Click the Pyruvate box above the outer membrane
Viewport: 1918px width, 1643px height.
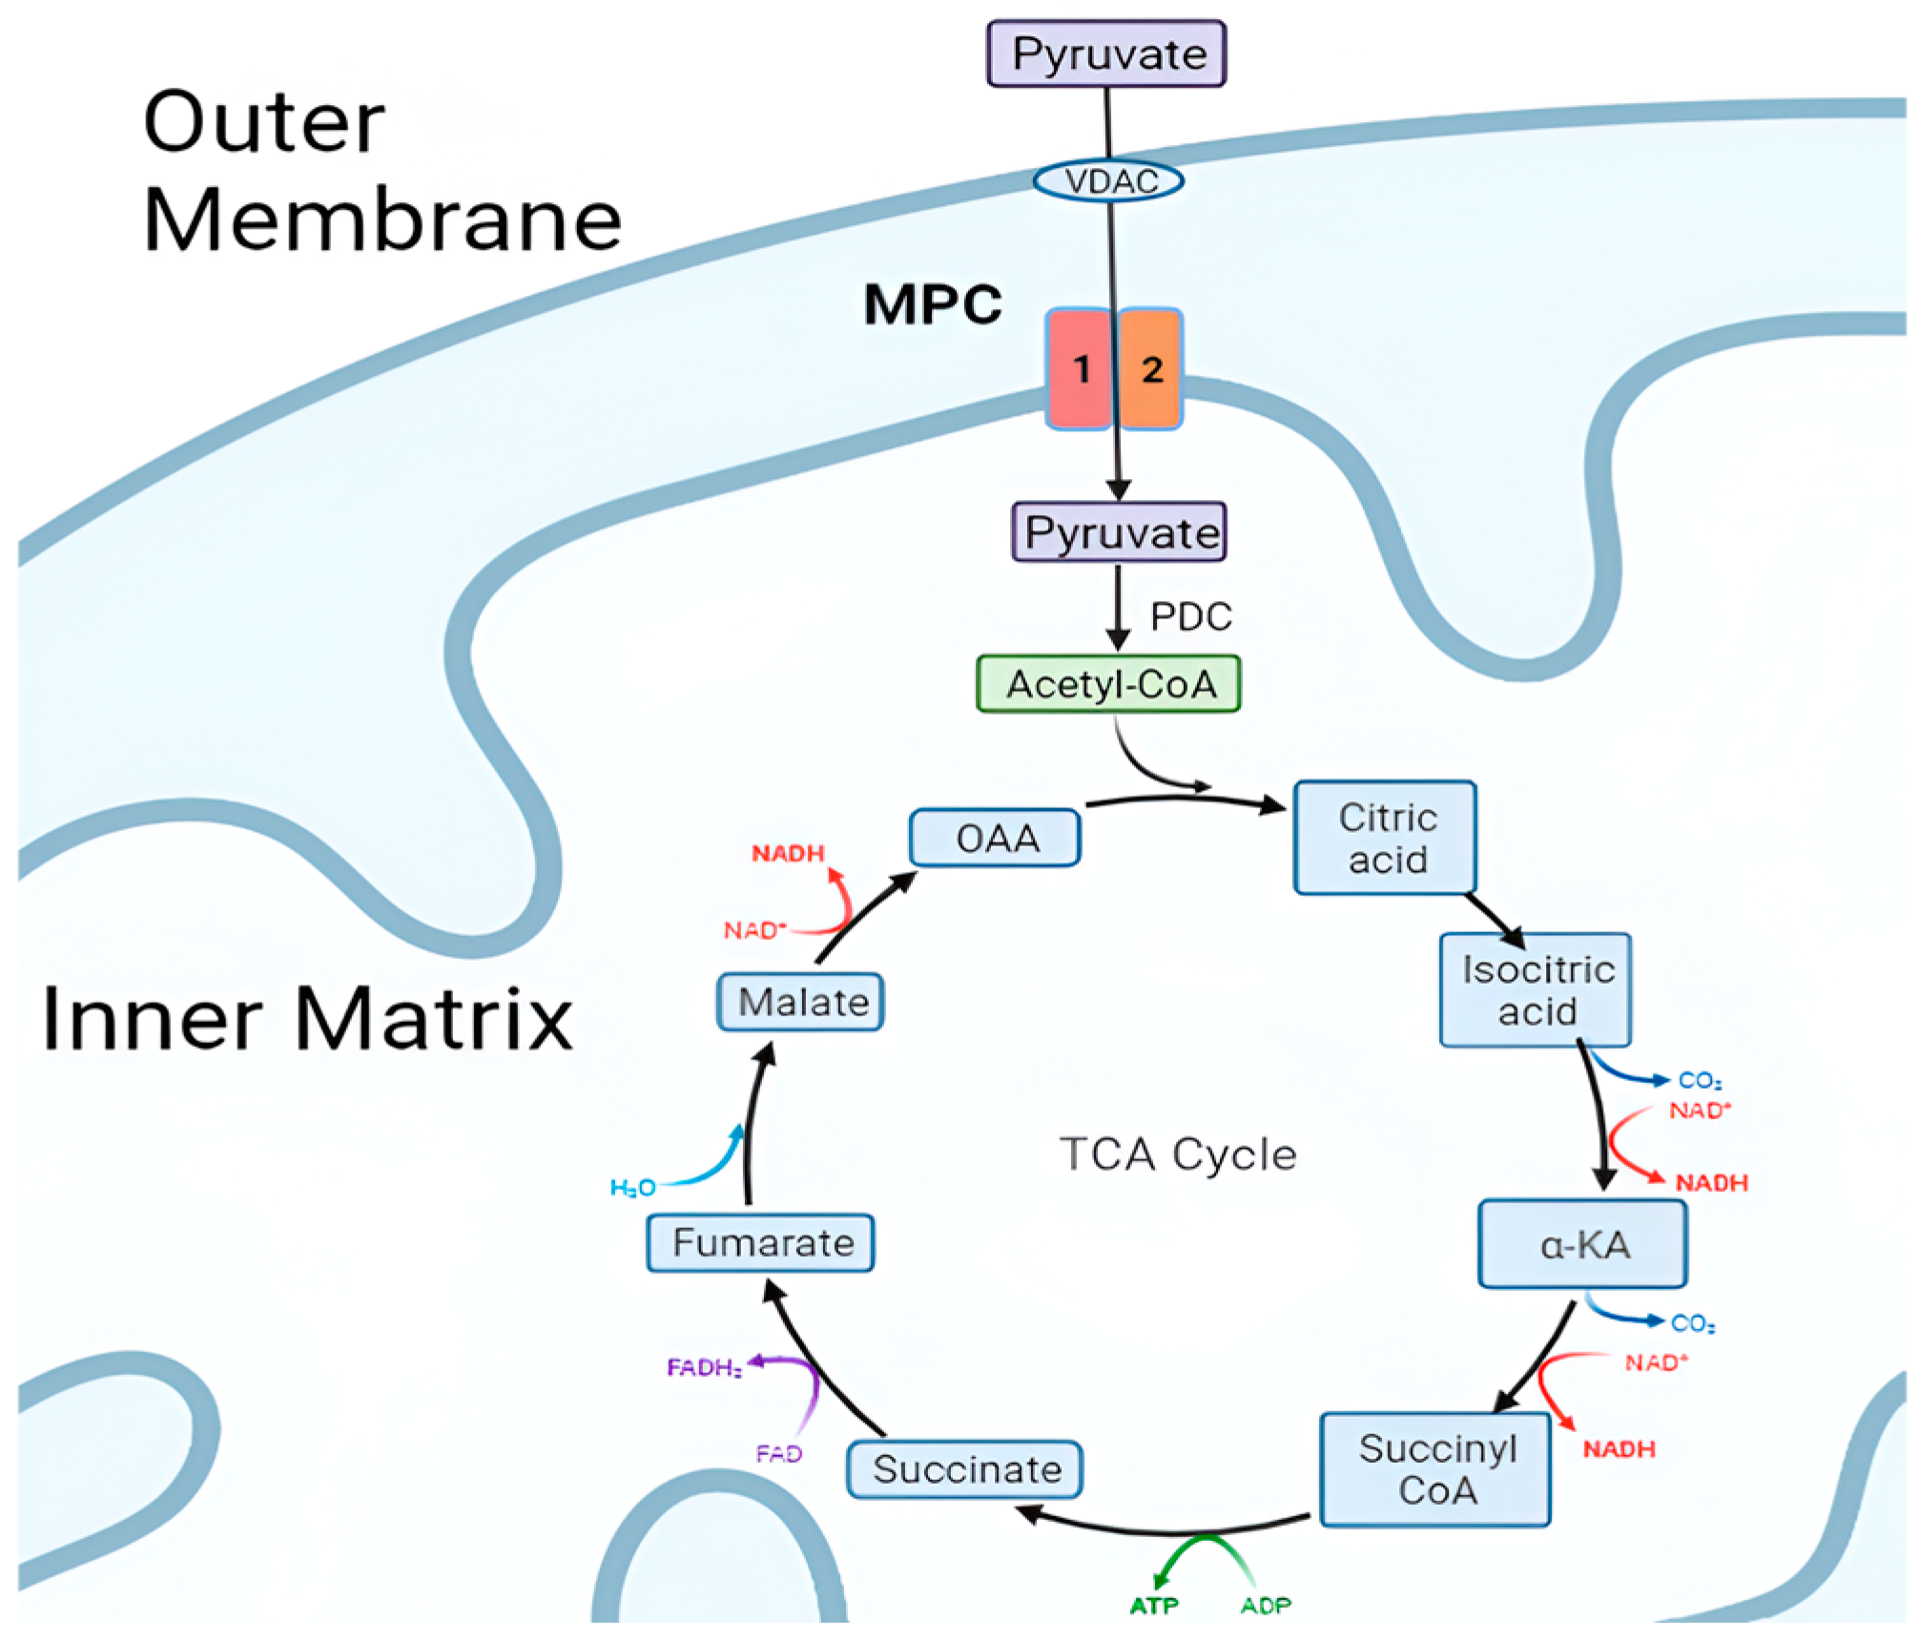click(1106, 53)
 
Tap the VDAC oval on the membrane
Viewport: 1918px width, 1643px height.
click(1109, 180)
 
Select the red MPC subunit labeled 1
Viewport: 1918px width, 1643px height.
click(1080, 368)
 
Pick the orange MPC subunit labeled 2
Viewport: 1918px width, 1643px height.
click(1151, 368)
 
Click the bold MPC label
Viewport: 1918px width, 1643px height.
click(932, 305)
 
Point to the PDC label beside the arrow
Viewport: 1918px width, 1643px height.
click(1190, 616)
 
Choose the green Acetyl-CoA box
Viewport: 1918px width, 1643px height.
click(1109, 684)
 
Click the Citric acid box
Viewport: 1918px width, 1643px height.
click(1385, 838)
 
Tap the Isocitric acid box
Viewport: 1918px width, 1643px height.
click(1536, 989)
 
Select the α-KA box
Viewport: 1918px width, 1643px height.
click(1583, 1244)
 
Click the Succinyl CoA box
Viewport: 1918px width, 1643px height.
click(1435, 1469)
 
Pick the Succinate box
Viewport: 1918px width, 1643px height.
click(965, 1469)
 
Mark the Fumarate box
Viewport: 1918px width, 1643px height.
click(761, 1242)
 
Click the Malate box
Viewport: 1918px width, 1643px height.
click(801, 1002)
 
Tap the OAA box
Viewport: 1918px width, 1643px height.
click(996, 838)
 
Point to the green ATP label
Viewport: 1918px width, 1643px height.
click(1153, 1607)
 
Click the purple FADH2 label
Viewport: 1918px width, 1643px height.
click(704, 1368)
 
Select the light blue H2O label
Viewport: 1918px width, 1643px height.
click(632, 1188)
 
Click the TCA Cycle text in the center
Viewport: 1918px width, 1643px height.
click(1178, 1154)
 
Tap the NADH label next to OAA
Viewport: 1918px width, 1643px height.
click(787, 853)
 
